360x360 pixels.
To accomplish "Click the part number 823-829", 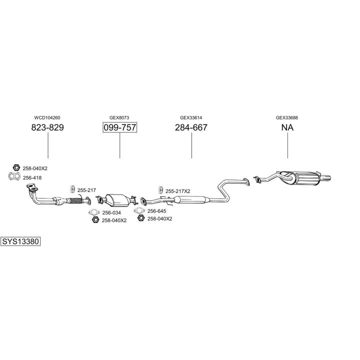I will (47, 127).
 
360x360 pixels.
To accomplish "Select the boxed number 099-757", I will (119, 127).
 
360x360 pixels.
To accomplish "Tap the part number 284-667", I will (191, 127).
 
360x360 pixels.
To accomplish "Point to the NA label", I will (287, 127).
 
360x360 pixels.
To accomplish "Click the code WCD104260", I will (47, 118).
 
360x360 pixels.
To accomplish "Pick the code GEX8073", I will (119, 118).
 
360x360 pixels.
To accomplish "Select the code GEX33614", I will (191, 118).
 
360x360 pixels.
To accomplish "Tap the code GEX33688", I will (287, 118).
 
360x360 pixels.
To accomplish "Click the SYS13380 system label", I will (20, 241).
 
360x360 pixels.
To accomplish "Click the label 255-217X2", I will (177, 191).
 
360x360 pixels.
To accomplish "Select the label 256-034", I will (111, 213).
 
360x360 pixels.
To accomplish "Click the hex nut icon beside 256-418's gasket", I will (15, 168).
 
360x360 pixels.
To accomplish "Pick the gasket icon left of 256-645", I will (140, 211).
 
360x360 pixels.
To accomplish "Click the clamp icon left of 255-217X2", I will (160, 190).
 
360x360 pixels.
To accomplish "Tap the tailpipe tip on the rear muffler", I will (328, 177).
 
